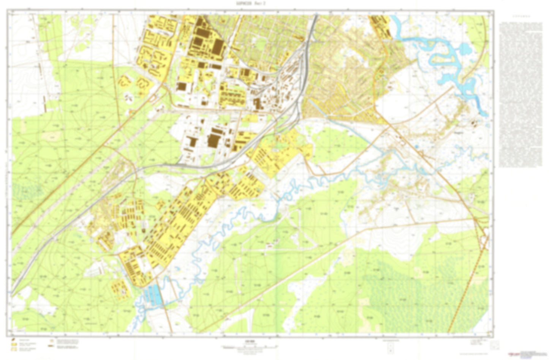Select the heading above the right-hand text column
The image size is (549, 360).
(x=519, y=17)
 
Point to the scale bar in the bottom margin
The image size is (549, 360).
(x=249, y=347)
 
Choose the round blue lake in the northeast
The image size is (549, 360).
(x=464, y=49)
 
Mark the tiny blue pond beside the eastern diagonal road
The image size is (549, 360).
(x=416, y=146)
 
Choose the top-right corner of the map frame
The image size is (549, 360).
(x=493, y=11)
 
